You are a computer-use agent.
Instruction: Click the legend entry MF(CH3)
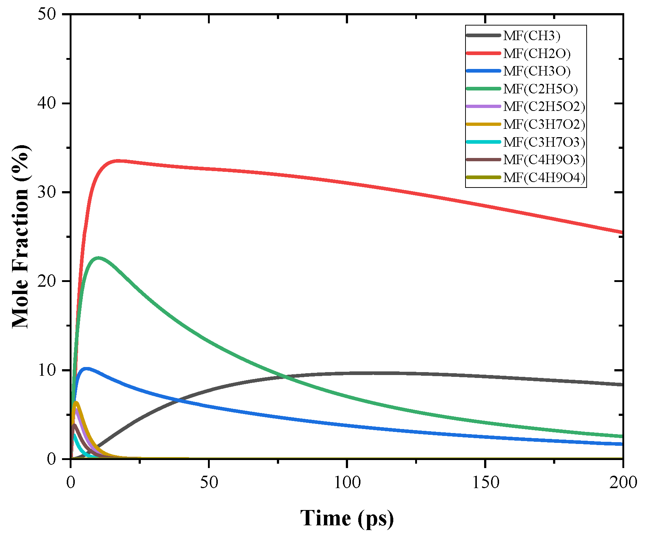[x=531, y=36]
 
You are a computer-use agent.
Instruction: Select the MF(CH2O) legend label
[x=536, y=54]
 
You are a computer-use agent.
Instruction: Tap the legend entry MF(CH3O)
[x=536, y=71]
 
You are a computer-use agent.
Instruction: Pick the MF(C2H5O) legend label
[x=540, y=89]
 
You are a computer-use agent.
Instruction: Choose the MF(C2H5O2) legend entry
[x=544, y=107]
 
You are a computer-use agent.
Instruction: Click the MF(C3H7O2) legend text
[x=544, y=124]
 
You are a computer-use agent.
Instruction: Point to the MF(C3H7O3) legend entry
[x=544, y=142]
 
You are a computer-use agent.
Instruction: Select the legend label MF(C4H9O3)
[x=544, y=160]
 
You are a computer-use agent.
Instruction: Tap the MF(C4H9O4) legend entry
[x=544, y=178]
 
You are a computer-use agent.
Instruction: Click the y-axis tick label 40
[x=47, y=103]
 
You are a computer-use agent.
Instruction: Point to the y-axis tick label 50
[x=47, y=14]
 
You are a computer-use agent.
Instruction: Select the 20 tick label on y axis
[x=47, y=281]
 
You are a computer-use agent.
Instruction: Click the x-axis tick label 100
[x=347, y=483]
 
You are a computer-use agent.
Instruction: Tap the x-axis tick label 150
[x=485, y=483]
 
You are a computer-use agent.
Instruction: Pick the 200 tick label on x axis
[x=623, y=483]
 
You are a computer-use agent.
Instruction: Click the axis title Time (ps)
[x=347, y=518]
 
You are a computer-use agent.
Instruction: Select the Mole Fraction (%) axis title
[x=20, y=236]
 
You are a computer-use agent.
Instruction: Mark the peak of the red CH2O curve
[x=118, y=161]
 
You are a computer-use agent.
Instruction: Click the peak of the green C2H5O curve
[x=98, y=258]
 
